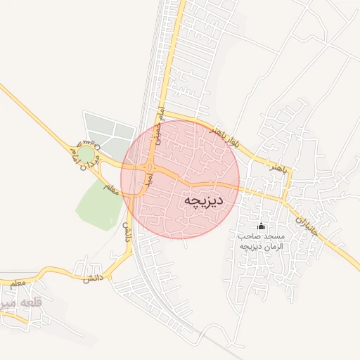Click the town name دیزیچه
tap(203, 200)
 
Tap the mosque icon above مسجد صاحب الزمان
tap(262, 226)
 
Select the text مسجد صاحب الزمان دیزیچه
tap(261, 241)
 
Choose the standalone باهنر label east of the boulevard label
tap(278, 168)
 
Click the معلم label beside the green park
tap(110, 188)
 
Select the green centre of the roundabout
tap(86, 153)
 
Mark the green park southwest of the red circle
tap(98, 203)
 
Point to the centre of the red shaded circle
tap(180, 179)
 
